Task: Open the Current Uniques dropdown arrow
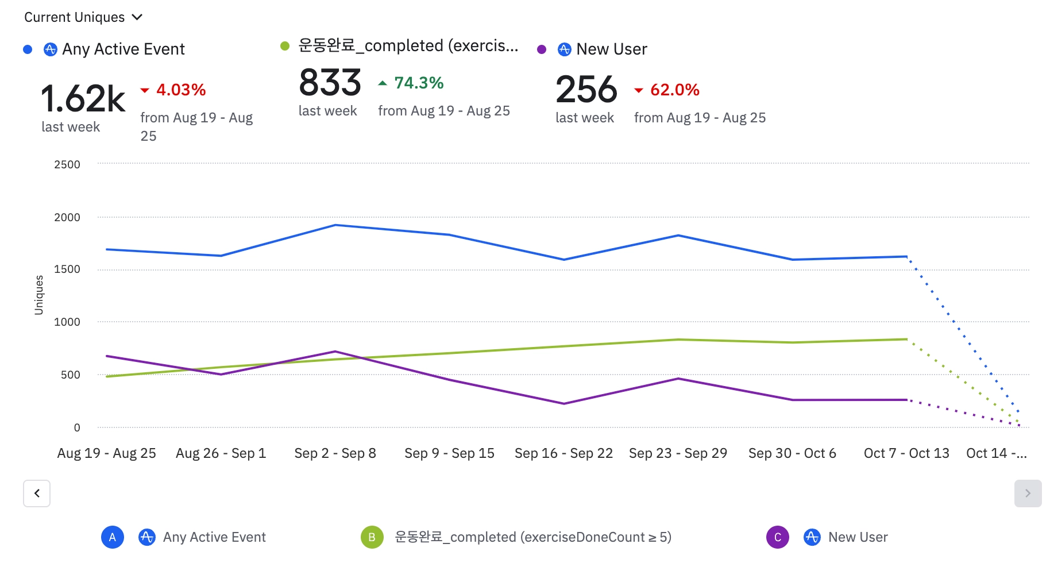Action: click(137, 17)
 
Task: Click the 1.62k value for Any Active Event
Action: click(83, 98)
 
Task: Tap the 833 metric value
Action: click(330, 83)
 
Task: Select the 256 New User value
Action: click(586, 90)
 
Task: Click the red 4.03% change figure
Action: click(180, 90)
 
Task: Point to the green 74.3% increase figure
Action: click(418, 83)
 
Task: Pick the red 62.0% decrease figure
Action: click(674, 90)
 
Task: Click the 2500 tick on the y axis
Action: click(67, 165)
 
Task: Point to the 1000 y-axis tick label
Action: click(67, 322)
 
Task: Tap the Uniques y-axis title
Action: click(39, 295)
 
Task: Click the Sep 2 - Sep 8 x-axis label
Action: click(335, 453)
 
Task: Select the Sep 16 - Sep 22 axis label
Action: click(563, 453)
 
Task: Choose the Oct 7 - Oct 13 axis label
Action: click(906, 453)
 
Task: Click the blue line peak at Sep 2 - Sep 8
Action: click(335, 225)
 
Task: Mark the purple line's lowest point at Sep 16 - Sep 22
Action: click(564, 404)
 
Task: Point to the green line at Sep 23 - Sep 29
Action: click(678, 340)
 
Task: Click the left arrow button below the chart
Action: click(37, 493)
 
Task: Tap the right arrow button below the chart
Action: click(1028, 493)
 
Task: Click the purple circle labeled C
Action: click(778, 537)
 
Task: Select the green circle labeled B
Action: click(372, 537)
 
